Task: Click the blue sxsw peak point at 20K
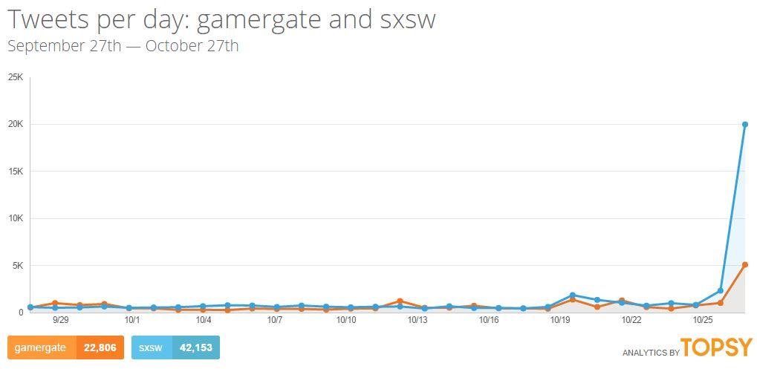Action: pyautogui.click(x=744, y=124)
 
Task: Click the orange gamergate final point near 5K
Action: pyautogui.click(x=744, y=264)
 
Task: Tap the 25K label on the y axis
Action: pyautogui.click(x=16, y=77)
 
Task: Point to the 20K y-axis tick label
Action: pyautogui.click(x=16, y=124)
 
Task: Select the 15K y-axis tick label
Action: pyautogui.click(x=16, y=172)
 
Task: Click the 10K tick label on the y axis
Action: pyautogui.click(x=16, y=218)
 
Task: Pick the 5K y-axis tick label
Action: pyautogui.click(x=18, y=265)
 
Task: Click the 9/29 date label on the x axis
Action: pyautogui.click(x=61, y=320)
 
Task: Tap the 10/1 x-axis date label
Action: pyautogui.click(x=132, y=320)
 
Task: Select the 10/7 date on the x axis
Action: pyautogui.click(x=275, y=320)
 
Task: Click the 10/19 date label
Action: pyautogui.click(x=559, y=320)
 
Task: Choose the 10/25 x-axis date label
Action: pyautogui.click(x=702, y=320)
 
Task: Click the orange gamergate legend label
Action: pyautogui.click(x=41, y=347)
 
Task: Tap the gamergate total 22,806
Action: pyautogui.click(x=100, y=347)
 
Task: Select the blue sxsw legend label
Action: pyautogui.click(x=151, y=347)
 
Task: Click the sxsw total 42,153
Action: pyautogui.click(x=195, y=347)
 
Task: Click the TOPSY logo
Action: pyautogui.click(x=716, y=347)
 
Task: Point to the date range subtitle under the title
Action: pyautogui.click(x=123, y=46)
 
